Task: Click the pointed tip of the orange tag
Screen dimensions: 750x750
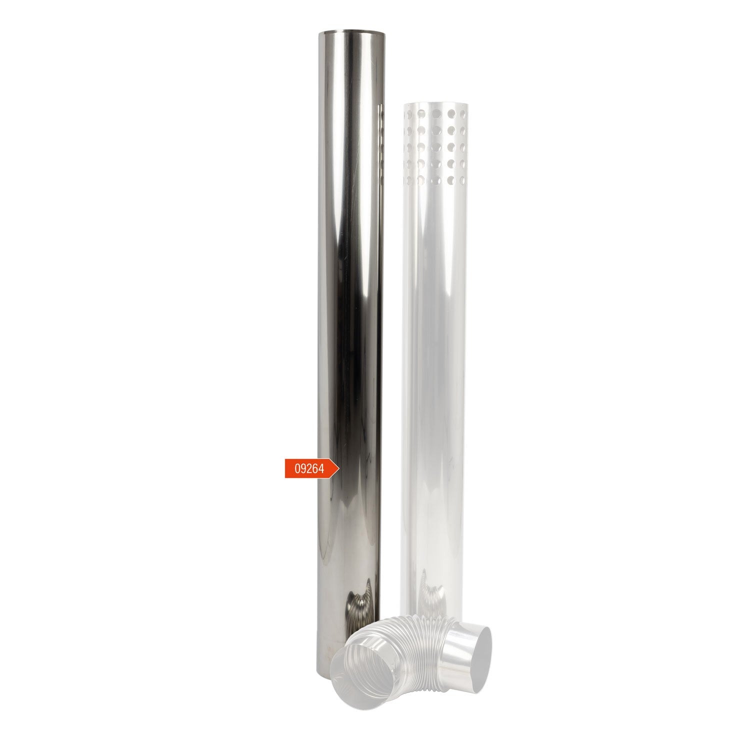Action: click(339, 468)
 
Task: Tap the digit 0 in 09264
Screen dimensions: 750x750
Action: click(296, 469)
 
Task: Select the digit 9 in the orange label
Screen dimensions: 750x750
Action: click(303, 469)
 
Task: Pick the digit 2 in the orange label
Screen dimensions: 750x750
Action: click(310, 469)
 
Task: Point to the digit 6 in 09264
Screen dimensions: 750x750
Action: click(316, 469)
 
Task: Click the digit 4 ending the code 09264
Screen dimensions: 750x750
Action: click(323, 469)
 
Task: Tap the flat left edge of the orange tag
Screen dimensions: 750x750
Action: click(285, 468)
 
